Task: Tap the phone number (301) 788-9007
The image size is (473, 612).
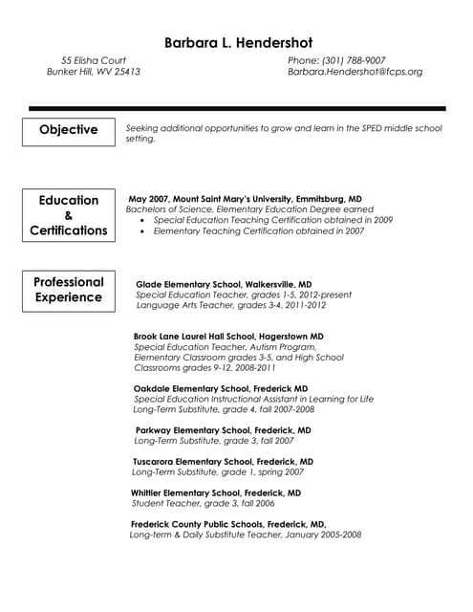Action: [336, 60]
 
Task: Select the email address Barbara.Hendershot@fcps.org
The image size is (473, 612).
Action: [355, 72]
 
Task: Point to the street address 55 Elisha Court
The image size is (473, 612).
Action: [94, 60]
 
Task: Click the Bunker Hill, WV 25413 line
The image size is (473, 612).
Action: [94, 72]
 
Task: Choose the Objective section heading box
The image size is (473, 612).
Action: [68, 130]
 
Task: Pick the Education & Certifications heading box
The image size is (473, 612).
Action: [68, 215]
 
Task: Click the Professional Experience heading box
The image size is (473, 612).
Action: [68, 290]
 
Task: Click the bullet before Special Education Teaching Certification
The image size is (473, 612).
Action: [142, 220]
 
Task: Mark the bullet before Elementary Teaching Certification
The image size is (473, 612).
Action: [142, 231]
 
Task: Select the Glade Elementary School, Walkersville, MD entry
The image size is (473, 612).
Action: [224, 284]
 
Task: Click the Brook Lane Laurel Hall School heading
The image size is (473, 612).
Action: [228, 337]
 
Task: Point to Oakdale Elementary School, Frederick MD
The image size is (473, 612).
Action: [220, 388]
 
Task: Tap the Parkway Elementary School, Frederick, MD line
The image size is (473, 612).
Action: [223, 430]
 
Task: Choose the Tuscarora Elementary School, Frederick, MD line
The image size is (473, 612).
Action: [223, 461]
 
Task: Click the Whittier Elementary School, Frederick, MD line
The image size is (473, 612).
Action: [216, 492]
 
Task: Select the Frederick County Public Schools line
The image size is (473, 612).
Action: [228, 524]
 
